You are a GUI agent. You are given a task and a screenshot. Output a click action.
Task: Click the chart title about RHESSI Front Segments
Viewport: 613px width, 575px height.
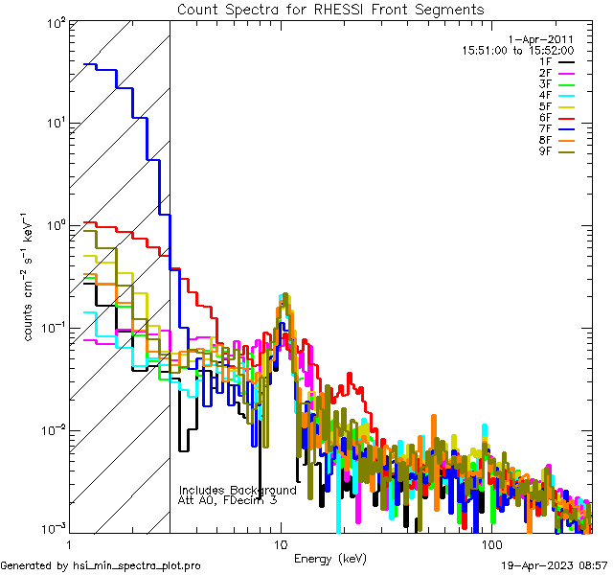click(330, 10)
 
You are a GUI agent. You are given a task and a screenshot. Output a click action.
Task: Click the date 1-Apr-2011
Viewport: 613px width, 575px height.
click(540, 39)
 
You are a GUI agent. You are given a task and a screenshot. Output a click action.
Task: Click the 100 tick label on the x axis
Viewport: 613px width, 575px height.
click(490, 544)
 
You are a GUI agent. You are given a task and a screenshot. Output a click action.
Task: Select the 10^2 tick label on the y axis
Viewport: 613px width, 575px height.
click(55, 21)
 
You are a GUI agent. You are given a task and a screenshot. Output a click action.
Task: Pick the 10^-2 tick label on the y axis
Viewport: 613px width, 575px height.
click(53, 429)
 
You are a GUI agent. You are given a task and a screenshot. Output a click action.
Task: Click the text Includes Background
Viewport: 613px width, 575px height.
click(238, 490)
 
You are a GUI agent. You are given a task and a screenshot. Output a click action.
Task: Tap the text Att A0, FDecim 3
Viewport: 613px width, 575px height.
click(227, 500)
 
